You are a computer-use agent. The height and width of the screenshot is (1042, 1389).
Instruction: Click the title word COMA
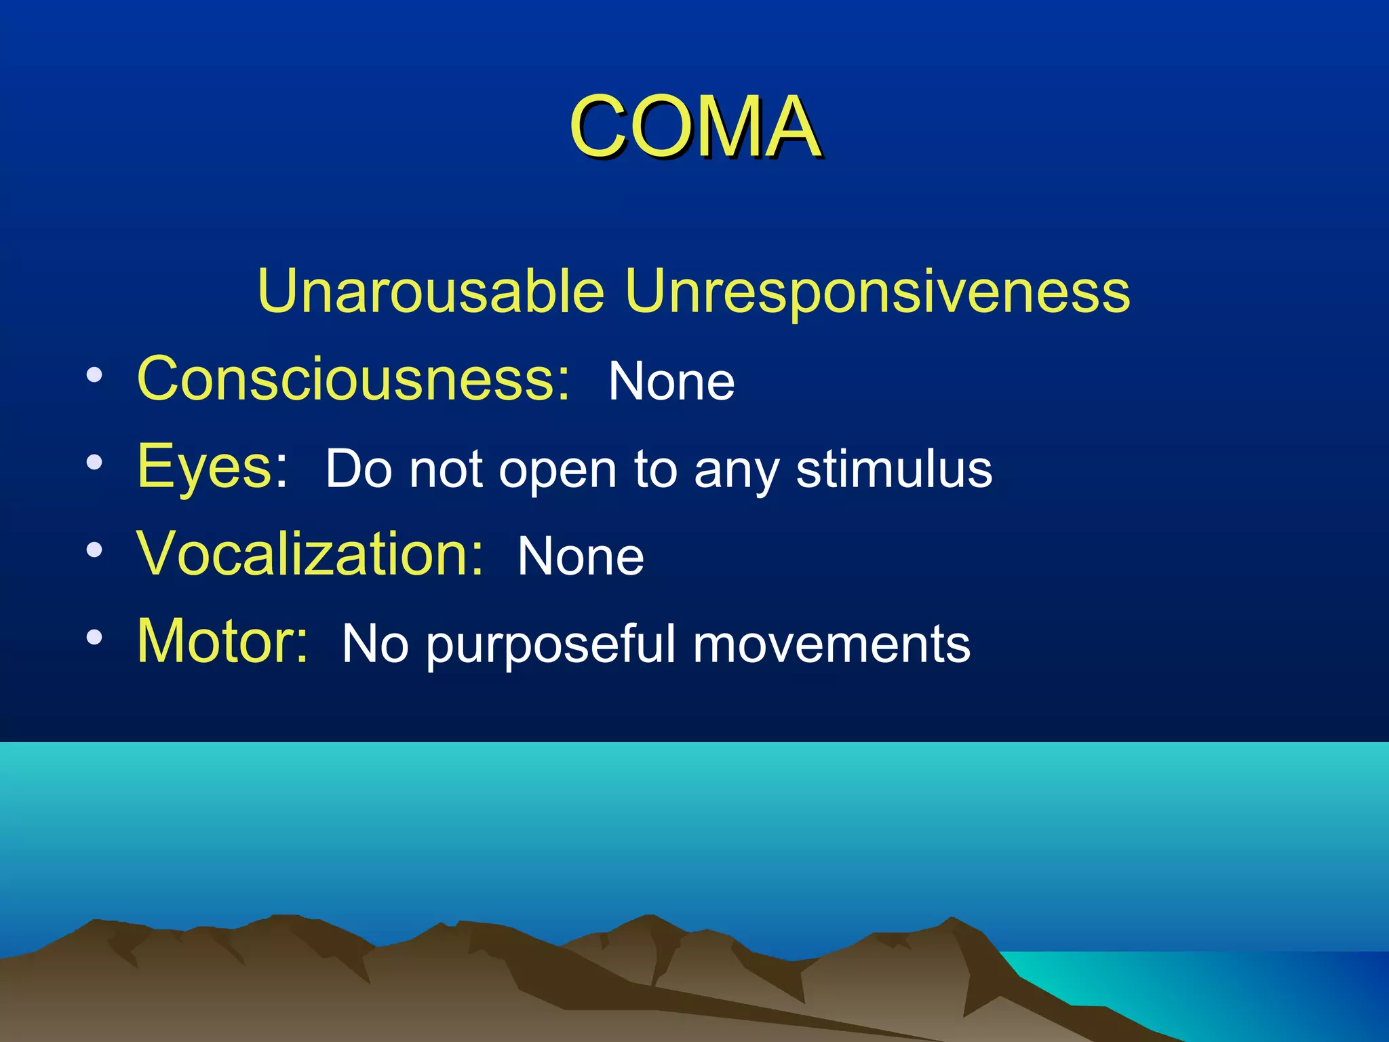pos(694,127)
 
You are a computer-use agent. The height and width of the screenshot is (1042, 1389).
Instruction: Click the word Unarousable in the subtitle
pos(431,291)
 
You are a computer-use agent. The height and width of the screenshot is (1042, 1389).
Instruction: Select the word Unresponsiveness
pos(877,291)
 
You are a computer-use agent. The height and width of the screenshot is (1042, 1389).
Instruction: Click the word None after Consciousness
pos(671,382)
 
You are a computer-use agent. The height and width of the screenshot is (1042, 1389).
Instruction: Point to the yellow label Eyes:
pos(212,466)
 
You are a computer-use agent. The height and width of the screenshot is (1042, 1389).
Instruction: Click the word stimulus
pos(894,469)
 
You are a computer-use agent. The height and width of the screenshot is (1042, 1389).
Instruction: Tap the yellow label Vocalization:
pos(311,554)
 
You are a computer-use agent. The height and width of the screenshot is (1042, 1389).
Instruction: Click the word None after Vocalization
pos(581,557)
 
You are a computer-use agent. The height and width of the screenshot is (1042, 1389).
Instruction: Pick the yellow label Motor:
pos(222,640)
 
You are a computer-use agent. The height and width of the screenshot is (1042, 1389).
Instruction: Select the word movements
pos(832,644)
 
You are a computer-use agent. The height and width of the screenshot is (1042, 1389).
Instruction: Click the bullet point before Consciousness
pos(94,375)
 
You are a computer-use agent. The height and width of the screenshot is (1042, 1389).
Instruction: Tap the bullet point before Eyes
pos(94,463)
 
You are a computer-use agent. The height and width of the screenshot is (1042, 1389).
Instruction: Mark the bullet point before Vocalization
pos(94,550)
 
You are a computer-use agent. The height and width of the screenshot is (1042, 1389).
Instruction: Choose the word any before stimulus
pos(736,471)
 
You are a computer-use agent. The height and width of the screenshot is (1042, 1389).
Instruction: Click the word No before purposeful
pos(374,644)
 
